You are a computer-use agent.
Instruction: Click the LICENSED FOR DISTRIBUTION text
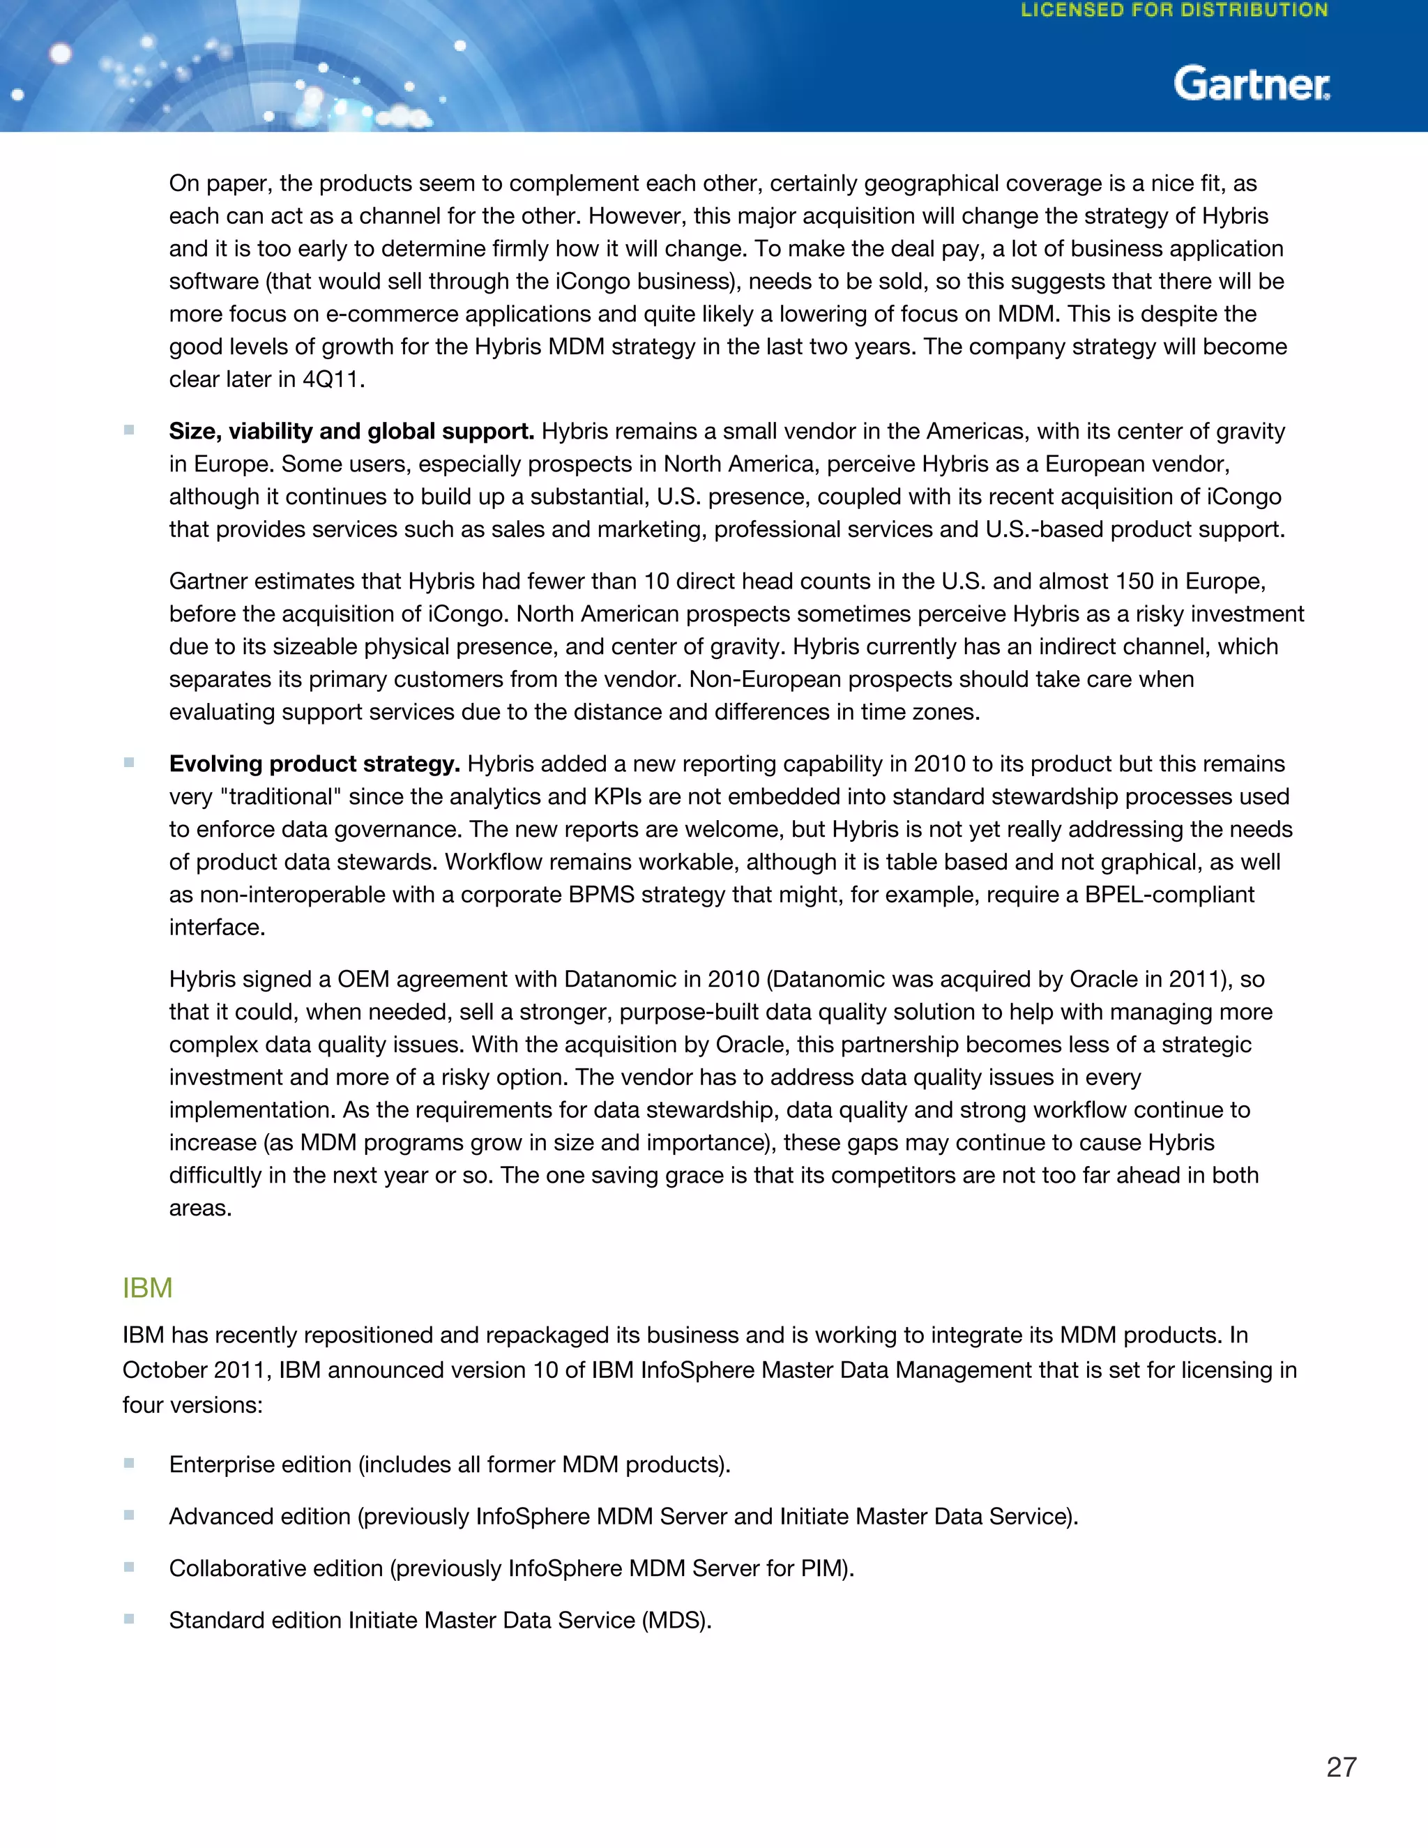point(1174,11)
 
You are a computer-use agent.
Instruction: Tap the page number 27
point(1341,1767)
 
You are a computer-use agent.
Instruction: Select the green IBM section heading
point(147,1288)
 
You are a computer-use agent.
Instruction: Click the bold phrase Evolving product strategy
point(314,764)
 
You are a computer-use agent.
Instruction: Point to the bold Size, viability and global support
point(351,432)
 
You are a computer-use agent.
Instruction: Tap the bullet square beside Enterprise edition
point(130,1463)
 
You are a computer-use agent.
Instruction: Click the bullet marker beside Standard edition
point(130,1619)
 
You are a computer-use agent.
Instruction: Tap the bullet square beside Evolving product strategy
point(130,762)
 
